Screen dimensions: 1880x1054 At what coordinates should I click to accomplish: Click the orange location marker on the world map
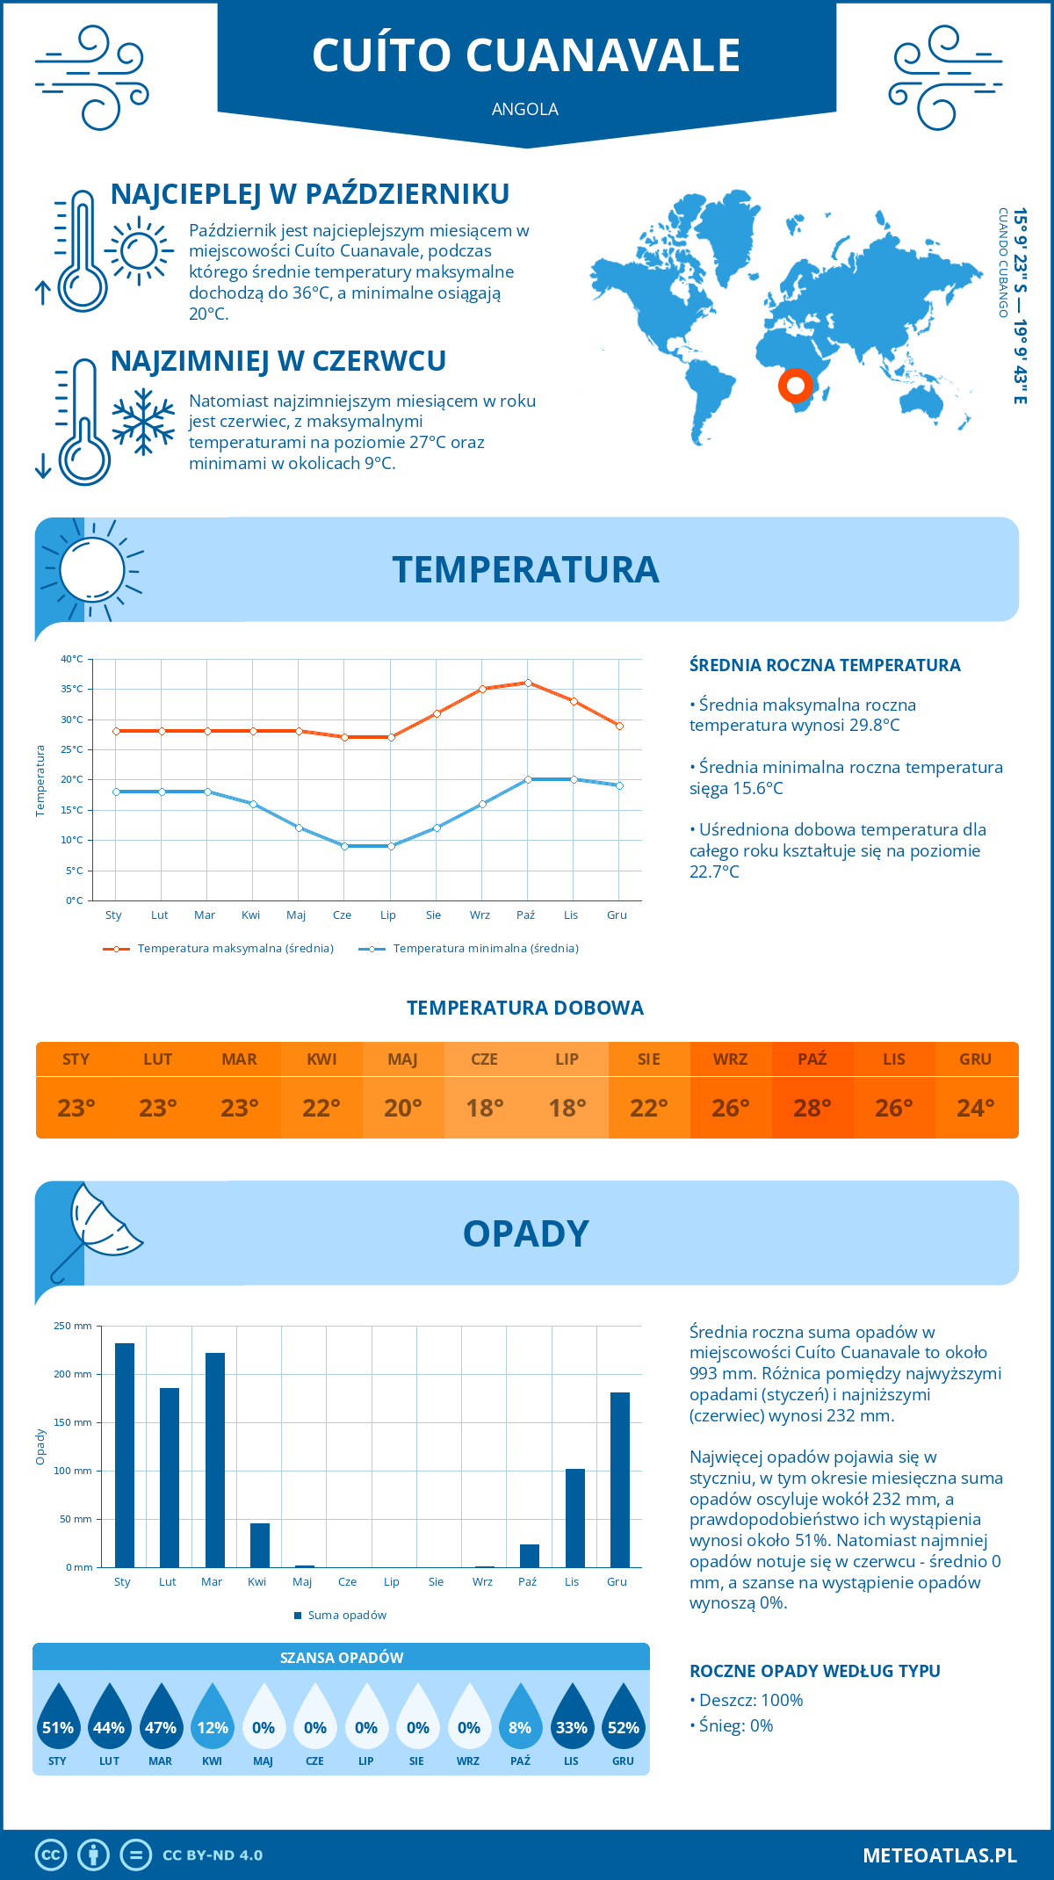click(x=795, y=385)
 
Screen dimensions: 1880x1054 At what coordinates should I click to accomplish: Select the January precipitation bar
click(x=125, y=1455)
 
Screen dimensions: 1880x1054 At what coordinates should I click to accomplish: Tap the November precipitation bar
click(x=575, y=1517)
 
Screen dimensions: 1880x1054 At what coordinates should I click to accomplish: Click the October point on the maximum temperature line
click(x=528, y=683)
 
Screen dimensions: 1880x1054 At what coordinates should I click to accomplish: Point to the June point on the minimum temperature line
click(x=344, y=846)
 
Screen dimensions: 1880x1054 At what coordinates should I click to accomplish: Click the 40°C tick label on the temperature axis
click(x=72, y=659)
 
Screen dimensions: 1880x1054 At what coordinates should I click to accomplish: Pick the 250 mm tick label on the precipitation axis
click(x=73, y=1326)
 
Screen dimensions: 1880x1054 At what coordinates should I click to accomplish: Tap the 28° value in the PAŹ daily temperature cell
click(x=812, y=1108)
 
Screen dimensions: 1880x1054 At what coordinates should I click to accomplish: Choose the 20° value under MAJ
click(x=402, y=1108)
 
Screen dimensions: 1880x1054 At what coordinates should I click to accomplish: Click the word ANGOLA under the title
click(x=525, y=109)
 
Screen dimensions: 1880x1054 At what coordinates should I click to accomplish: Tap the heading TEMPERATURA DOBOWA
click(x=525, y=1008)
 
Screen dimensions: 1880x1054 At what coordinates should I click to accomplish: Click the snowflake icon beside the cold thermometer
click(x=143, y=422)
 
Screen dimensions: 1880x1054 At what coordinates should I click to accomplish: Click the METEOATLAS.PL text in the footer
click(x=939, y=1855)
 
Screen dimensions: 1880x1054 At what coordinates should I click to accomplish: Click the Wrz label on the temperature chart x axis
click(x=480, y=915)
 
